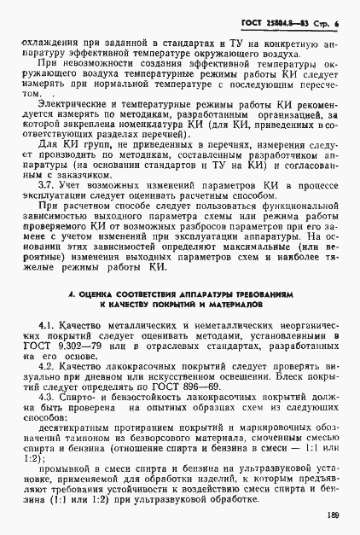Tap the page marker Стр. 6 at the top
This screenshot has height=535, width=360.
tap(326, 17)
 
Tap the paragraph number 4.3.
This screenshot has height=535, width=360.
tap(49, 397)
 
